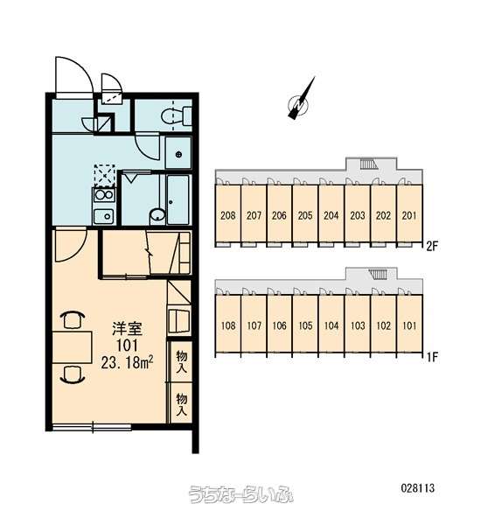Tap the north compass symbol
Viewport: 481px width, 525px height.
click(x=300, y=101)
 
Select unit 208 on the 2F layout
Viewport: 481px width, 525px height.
click(x=227, y=215)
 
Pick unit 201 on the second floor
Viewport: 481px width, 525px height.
click(x=409, y=215)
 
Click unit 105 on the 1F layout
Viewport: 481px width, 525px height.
click(x=305, y=325)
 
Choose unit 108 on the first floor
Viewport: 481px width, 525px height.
click(x=228, y=325)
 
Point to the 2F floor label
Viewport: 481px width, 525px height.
click(x=432, y=247)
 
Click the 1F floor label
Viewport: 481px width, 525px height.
click(x=432, y=357)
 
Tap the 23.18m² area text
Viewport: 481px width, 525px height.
click(x=127, y=362)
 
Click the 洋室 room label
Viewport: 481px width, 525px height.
click(x=127, y=329)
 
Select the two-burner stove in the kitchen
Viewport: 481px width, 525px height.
click(x=104, y=195)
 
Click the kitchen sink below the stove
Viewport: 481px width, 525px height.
click(x=103, y=216)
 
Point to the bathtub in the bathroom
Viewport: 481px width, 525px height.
click(x=178, y=199)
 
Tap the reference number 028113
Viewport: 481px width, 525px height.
click(x=418, y=488)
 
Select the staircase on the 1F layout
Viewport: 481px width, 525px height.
click(x=378, y=274)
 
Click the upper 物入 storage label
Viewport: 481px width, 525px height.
click(x=181, y=362)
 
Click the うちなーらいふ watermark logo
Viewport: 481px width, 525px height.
click(x=240, y=493)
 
